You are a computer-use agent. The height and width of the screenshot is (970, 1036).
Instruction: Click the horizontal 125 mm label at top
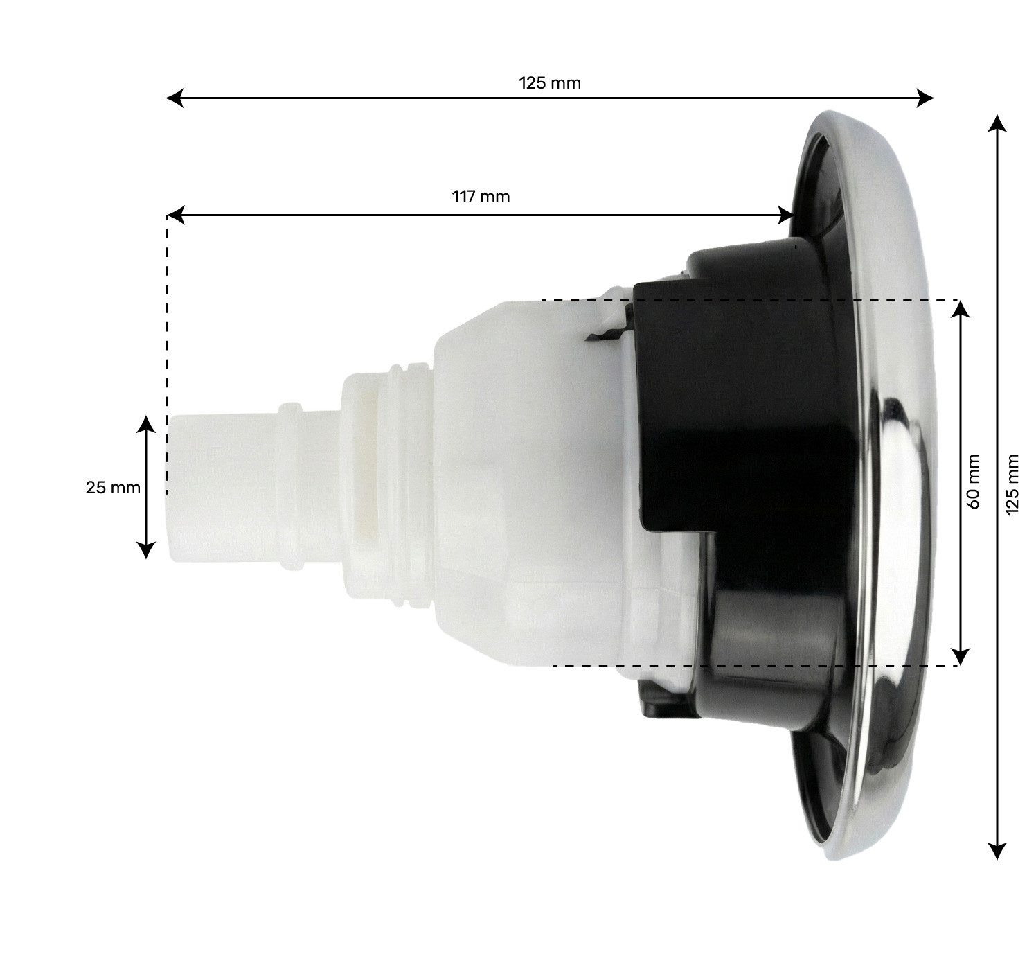coord(549,83)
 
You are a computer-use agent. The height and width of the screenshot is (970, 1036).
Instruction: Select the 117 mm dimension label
coord(481,197)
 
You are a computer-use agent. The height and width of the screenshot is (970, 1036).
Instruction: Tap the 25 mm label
coord(113,488)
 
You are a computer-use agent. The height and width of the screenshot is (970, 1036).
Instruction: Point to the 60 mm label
coord(974,482)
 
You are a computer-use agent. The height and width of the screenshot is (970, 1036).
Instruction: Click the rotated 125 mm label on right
coord(1012,484)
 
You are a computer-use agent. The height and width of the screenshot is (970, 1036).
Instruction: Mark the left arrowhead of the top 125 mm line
coord(175,98)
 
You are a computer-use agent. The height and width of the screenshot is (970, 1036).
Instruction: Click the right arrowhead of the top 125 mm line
coord(925,98)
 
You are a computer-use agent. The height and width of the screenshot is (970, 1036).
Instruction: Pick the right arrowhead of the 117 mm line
coord(786,215)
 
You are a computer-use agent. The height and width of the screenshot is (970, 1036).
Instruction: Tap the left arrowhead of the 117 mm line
coord(176,215)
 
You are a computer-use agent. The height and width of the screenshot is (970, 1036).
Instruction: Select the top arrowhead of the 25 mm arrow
coord(146,424)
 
